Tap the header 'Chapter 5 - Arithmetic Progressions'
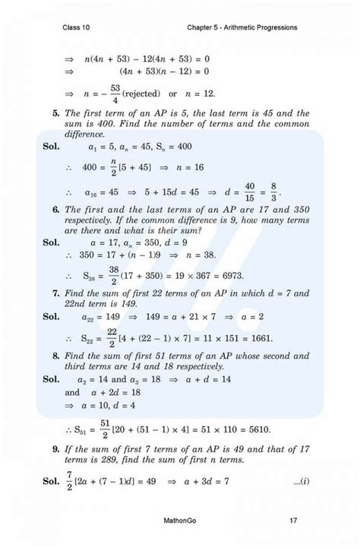242,28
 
